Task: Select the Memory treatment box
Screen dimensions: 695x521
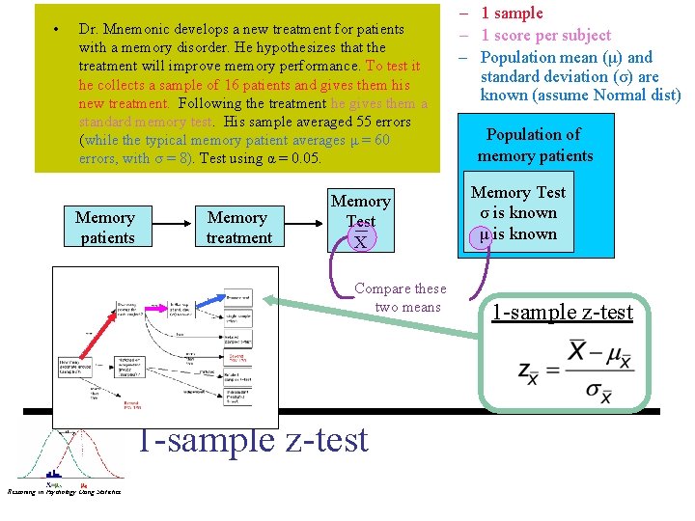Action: pyautogui.click(x=238, y=228)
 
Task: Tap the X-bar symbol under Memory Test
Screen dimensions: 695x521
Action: pyautogui.click(x=360, y=241)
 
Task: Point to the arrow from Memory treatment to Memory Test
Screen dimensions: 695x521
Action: pyautogui.click(x=302, y=228)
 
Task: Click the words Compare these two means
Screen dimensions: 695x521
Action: pyautogui.click(x=401, y=297)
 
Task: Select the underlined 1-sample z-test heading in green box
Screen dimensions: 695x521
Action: pyautogui.click(x=562, y=312)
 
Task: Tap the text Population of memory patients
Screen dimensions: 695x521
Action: pyautogui.click(x=535, y=145)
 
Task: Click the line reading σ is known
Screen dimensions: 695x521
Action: pyautogui.click(x=519, y=212)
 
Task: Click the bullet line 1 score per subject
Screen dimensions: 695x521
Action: pyautogui.click(x=545, y=35)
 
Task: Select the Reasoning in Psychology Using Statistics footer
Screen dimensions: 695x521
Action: pyautogui.click(x=64, y=493)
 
